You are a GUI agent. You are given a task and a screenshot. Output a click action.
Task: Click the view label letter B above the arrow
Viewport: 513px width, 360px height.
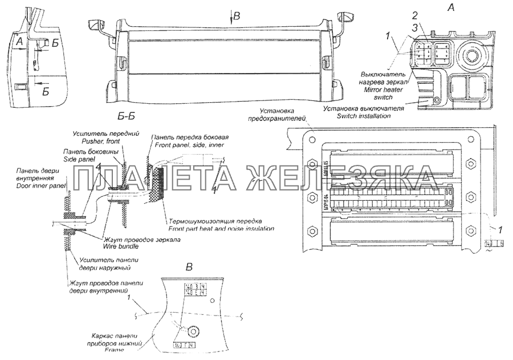238,17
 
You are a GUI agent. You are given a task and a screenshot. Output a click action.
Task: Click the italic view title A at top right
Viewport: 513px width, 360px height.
451,8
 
